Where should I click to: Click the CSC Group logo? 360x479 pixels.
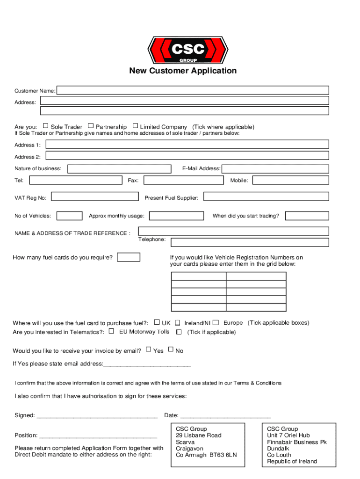click(x=187, y=50)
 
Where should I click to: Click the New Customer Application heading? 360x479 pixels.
click(x=183, y=71)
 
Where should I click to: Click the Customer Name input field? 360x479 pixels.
click(x=193, y=90)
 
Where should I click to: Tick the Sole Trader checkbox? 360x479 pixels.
click(x=45, y=126)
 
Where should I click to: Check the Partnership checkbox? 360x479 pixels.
click(x=91, y=126)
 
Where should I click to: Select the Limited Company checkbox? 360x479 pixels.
click(x=136, y=126)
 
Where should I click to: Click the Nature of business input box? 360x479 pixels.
click(x=119, y=169)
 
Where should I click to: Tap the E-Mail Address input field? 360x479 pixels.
click(x=275, y=169)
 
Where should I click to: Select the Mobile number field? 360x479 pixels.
click(x=291, y=181)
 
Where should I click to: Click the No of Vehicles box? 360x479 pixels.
click(x=69, y=216)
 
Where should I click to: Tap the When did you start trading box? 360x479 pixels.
click(x=307, y=216)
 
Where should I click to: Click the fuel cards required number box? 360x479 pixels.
click(x=129, y=257)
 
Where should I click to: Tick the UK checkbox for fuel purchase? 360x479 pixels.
click(x=157, y=322)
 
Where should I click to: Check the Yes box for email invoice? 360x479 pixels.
click(x=148, y=349)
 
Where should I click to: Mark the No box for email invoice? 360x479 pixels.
click(x=170, y=349)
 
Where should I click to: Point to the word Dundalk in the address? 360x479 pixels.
click(x=278, y=449)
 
